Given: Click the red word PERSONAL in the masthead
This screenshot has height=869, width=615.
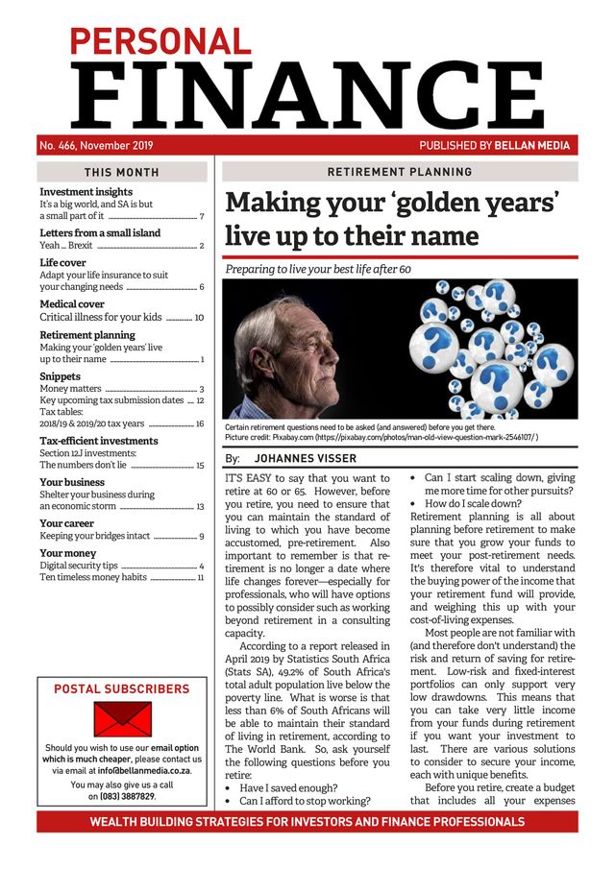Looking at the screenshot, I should point(160,39).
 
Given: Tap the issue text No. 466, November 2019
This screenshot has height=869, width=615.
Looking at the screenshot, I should point(96,146).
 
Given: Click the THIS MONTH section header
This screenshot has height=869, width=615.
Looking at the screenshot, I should point(122,173).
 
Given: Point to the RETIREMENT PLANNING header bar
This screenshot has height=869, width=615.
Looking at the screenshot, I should point(400,172).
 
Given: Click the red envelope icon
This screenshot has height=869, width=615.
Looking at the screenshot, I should point(122,719).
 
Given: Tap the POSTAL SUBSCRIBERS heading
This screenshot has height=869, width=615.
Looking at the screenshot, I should point(122,688).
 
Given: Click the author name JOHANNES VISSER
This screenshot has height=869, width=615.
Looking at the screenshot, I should point(305,459).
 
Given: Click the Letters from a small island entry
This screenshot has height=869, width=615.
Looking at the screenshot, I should point(100,232).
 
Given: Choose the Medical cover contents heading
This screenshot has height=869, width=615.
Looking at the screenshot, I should point(72,304).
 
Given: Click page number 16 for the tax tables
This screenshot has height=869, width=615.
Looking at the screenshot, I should point(199,423).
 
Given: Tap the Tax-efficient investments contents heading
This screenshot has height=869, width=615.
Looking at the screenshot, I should point(99,441).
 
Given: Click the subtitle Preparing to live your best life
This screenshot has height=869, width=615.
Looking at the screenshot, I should point(318,270).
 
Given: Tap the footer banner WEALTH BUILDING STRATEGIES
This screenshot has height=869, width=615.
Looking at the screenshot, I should point(307,822).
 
